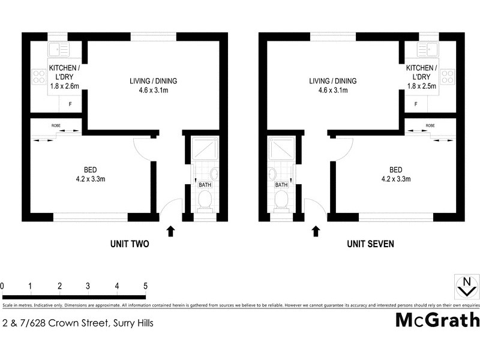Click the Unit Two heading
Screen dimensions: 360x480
pos(129,244)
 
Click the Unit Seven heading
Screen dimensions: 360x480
pos(370,244)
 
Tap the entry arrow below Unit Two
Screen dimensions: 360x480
pos(170,231)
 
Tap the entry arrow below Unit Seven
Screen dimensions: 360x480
pos(316,231)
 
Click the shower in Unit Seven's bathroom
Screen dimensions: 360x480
pos(279,150)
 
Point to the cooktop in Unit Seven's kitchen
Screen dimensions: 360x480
pos(447,76)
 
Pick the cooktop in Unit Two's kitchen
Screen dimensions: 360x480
pos(39,77)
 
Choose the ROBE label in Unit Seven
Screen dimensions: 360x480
pos(430,125)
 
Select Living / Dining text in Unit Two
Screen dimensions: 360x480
pos(154,81)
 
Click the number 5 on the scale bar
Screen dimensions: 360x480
pos(145,285)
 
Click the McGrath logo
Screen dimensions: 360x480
pos(437,320)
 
